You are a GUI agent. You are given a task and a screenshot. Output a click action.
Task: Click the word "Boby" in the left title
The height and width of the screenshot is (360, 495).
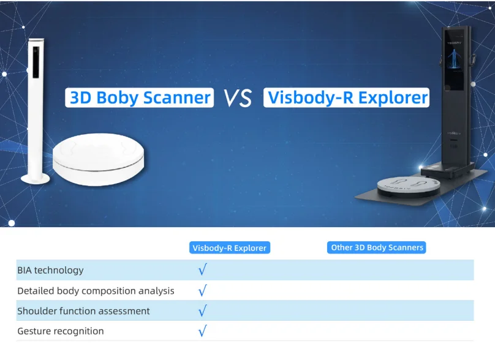tap(118, 98)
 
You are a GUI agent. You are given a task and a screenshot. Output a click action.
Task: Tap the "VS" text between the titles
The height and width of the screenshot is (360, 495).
tap(238, 98)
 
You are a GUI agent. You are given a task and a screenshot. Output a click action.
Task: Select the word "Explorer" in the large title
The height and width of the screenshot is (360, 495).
tap(393, 97)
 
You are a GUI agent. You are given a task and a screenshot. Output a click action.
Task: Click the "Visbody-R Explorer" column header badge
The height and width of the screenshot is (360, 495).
tap(230, 248)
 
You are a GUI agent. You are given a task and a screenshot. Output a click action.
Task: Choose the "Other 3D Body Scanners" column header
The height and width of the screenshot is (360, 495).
tap(377, 247)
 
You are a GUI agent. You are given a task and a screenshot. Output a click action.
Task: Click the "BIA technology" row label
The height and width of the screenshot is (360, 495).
tap(50, 270)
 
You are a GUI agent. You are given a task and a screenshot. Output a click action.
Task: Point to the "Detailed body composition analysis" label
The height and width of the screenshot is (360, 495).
tap(96, 291)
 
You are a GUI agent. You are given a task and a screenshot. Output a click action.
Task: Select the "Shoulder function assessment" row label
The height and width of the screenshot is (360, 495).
tap(83, 311)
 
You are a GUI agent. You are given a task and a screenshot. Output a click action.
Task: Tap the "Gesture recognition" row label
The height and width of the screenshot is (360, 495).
tap(61, 331)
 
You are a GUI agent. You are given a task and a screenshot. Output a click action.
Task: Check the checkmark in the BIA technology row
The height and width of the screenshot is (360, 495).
tap(203, 269)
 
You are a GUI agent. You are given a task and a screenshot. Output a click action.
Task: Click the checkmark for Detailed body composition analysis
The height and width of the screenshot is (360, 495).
tap(203, 290)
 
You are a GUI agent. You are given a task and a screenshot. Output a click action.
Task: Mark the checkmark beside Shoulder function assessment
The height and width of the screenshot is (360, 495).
tap(203, 310)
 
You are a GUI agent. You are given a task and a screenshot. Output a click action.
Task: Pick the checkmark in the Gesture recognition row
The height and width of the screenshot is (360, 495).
tap(203, 331)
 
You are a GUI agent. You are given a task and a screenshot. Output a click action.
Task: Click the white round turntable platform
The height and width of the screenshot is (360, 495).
tap(98, 159)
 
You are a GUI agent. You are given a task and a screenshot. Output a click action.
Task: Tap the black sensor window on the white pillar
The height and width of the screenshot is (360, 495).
tap(36, 62)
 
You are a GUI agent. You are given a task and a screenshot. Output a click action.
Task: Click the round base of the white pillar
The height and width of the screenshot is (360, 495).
tap(35, 179)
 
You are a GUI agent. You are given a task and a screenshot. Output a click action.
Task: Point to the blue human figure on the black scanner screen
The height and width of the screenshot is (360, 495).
tap(454, 58)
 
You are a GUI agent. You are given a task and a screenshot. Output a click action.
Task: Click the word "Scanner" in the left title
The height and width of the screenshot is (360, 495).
tap(177, 98)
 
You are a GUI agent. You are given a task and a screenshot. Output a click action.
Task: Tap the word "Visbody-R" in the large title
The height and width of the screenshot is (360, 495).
tap(311, 98)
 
